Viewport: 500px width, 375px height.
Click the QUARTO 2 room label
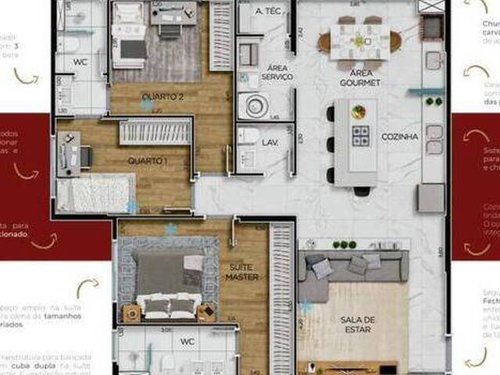click(162, 97)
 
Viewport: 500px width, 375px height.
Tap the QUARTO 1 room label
click(148, 160)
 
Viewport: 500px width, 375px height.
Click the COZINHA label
click(400, 136)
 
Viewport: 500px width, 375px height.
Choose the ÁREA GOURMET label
click(359, 77)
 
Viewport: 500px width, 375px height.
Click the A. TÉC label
click(270, 12)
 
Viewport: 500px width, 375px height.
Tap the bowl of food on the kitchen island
click(359, 112)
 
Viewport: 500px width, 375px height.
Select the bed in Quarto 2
click(130, 35)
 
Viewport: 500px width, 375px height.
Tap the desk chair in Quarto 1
click(84, 157)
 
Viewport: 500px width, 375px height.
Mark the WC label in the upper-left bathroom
click(80, 62)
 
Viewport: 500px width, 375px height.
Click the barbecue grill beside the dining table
click(430, 27)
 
